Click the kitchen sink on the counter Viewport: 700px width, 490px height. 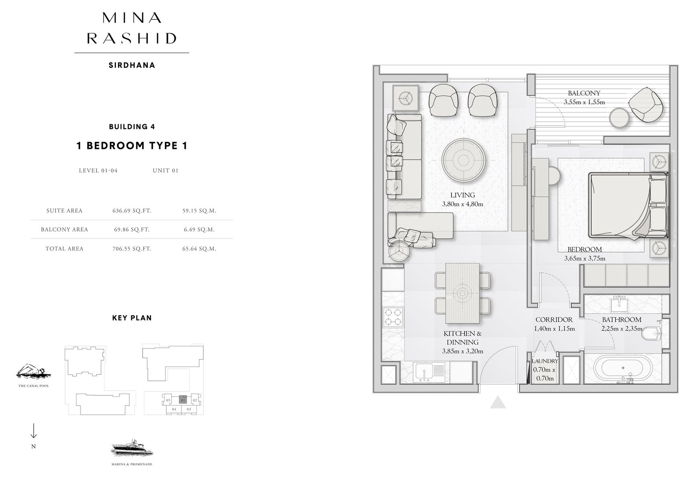pyautogui.click(x=424, y=372)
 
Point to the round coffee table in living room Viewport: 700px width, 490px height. pyautogui.click(x=463, y=160)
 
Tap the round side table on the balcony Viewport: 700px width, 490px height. pyautogui.click(x=619, y=118)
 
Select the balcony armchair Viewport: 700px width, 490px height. pyautogui.click(x=645, y=105)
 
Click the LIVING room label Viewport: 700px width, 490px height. pyautogui.click(x=462, y=195)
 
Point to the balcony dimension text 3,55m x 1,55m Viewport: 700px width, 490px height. pyautogui.click(x=584, y=102)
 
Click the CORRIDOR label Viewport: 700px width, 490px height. pyautogui.click(x=554, y=320)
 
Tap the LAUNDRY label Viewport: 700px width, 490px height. pyautogui.click(x=545, y=361)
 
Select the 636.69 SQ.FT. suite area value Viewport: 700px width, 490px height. pyautogui.click(x=132, y=211)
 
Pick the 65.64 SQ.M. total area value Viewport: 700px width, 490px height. pyautogui.click(x=199, y=249)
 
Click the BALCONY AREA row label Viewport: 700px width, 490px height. pyautogui.click(x=64, y=229)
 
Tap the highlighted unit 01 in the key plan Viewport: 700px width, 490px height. pyautogui.click(x=183, y=400)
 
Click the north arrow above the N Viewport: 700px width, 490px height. pyautogui.click(x=33, y=431)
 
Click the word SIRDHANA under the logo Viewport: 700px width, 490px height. pyautogui.click(x=132, y=65)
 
